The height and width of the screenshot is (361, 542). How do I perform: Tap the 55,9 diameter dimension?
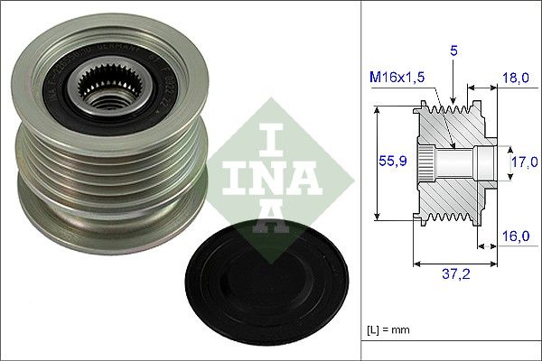(390, 162)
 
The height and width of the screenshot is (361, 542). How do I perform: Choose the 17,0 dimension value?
(520, 163)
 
